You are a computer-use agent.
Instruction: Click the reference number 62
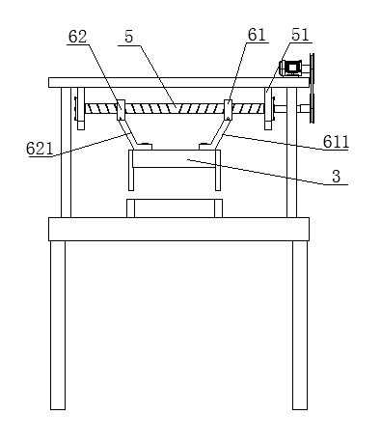(77, 37)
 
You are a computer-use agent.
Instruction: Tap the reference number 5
(128, 37)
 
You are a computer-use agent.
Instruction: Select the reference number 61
(257, 35)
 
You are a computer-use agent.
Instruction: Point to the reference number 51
(300, 35)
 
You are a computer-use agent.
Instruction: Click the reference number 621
(40, 149)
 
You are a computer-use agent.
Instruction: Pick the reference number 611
(336, 142)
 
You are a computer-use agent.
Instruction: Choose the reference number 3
(336, 177)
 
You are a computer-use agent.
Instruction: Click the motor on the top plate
(291, 68)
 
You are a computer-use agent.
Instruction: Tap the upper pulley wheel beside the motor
(312, 69)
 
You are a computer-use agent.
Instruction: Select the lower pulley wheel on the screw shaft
(312, 108)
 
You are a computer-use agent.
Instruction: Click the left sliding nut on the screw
(121, 110)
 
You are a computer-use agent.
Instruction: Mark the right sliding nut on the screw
(228, 110)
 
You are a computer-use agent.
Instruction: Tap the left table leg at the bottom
(58, 325)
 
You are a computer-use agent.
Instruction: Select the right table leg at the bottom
(300, 325)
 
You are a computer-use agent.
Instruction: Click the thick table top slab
(178, 229)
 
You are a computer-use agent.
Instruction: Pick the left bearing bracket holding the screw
(81, 108)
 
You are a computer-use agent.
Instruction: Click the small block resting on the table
(175, 208)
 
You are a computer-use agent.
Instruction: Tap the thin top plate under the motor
(178, 82)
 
